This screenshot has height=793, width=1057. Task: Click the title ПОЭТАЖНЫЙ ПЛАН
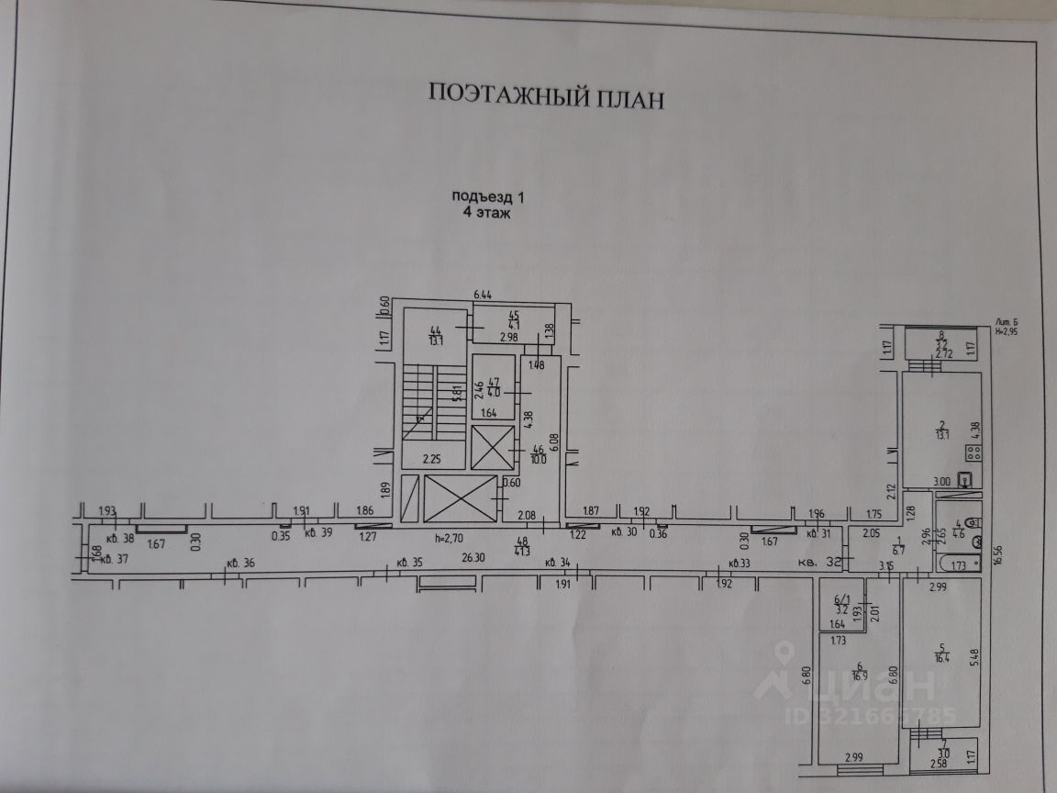click(x=545, y=95)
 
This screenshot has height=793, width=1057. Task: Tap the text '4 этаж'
click(x=485, y=212)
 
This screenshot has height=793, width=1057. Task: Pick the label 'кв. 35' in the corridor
click(x=409, y=562)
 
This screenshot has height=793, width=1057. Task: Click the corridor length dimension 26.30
click(x=473, y=556)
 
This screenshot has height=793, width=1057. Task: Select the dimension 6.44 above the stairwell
click(x=484, y=295)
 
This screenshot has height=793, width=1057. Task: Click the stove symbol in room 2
click(x=973, y=452)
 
